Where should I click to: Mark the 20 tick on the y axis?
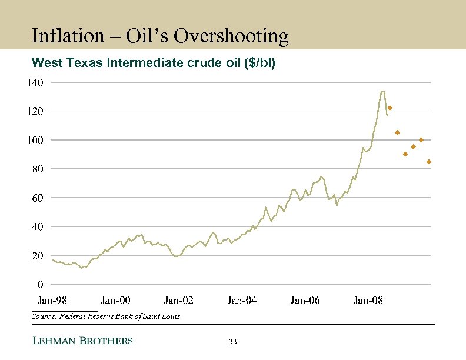37,256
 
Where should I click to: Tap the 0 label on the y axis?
40,285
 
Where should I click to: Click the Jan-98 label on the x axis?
52,301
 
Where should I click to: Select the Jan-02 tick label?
179,301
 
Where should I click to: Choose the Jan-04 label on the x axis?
242,301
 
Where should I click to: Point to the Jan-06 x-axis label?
305,301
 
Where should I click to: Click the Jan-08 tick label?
368,301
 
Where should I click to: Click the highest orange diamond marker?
390,108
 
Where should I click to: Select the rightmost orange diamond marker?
429,161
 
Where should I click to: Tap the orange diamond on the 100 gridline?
421,140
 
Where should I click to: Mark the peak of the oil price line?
382,91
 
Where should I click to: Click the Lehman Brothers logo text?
82,341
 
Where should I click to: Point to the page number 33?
232,342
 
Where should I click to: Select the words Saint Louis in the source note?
165,316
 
